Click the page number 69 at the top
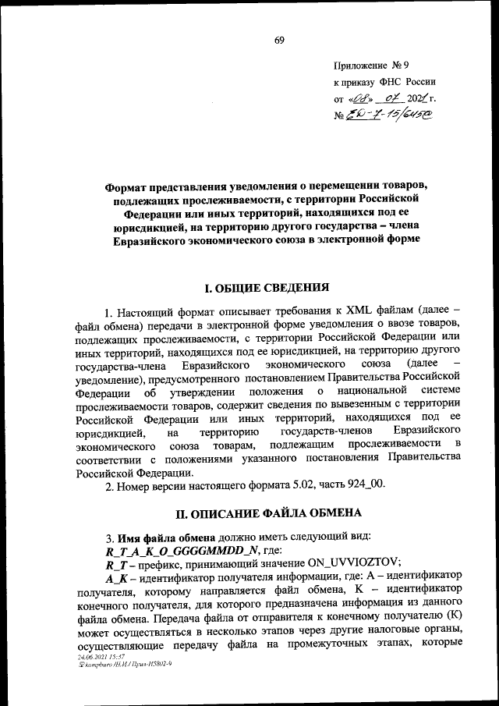tap(278, 41)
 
